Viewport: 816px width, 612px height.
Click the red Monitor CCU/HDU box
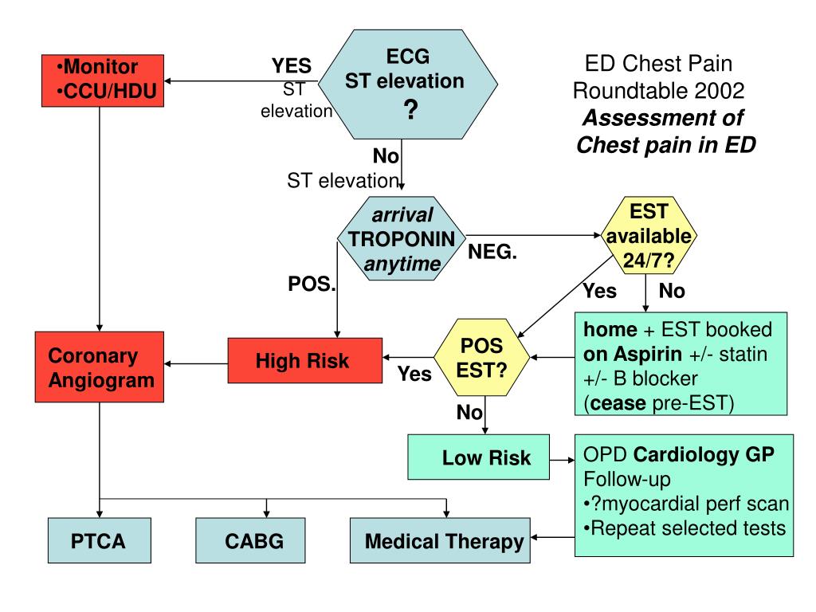click(99, 81)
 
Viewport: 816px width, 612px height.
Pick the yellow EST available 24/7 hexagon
click(648, 236)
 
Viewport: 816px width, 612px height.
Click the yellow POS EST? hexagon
click(481, 360)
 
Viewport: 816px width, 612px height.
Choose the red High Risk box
click(302, 361)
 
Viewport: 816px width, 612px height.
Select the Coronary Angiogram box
click(99, 367)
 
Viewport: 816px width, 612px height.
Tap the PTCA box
click(99, 542)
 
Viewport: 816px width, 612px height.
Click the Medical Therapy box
click(440, 542)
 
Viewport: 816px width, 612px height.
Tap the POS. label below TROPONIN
click(311, 284)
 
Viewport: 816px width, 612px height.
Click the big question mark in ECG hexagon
click(410, 111)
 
